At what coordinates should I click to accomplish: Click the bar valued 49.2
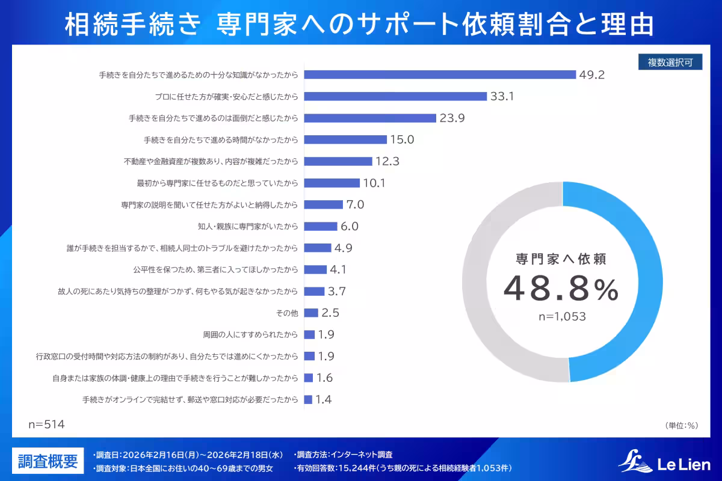440,75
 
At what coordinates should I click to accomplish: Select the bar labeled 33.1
395,96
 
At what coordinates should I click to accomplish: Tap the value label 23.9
452,118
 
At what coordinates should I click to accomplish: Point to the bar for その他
311,313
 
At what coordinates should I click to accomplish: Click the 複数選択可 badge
670,63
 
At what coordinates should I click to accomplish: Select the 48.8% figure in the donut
561,289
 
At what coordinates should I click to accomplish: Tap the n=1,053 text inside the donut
561,316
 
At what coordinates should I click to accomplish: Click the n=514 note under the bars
46,424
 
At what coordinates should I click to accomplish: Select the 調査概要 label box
48,461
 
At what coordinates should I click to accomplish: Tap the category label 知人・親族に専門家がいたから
248,227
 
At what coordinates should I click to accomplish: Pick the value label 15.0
403,139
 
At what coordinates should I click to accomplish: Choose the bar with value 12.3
338,161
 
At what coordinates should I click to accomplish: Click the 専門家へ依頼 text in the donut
561,259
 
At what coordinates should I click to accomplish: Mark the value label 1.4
324,399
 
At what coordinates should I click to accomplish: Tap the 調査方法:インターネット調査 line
344,455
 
